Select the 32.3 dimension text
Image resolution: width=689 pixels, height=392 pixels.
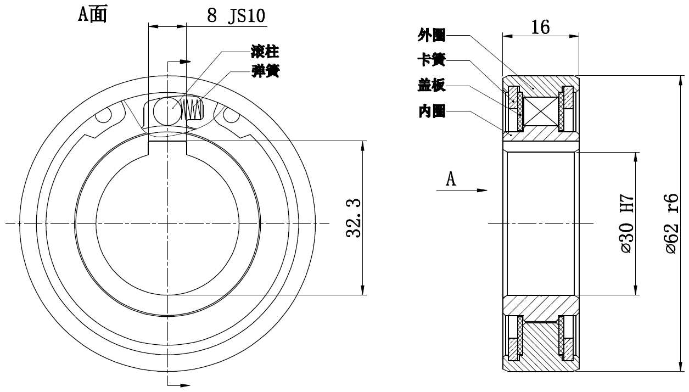(354, 219)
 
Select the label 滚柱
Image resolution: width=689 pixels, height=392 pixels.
(265, 53)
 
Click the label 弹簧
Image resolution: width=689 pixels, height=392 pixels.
(265, 72)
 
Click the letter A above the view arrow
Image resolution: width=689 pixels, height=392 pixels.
(451, 179)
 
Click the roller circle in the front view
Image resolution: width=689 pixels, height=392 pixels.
(166, 108)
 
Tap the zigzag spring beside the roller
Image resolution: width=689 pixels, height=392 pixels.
(192, 109)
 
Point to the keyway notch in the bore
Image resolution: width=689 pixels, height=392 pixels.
(167, 147)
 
